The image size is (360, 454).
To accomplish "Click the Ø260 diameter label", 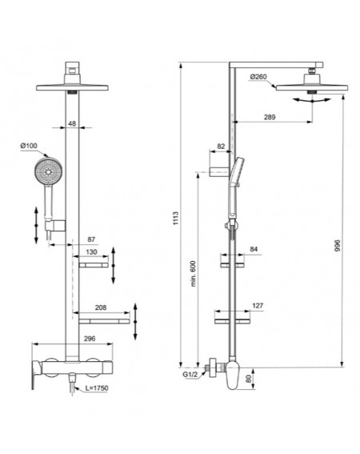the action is click(258, 77).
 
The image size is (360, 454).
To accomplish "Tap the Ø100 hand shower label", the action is click(29, 146).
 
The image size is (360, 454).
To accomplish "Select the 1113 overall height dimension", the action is click(175, 219).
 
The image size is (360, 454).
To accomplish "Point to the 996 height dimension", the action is click(338, 245).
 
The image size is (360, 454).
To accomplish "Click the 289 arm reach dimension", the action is click(270, 117).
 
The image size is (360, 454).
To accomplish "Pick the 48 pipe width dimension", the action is click(72, 123).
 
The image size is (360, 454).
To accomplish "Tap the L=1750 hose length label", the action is click(97, 388).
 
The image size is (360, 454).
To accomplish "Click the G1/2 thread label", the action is click(190, 375).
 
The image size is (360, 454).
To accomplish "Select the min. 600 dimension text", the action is click(194, 274).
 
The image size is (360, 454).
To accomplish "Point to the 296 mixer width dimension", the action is click(89, 339).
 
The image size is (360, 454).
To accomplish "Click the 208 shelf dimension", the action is click(101, 307).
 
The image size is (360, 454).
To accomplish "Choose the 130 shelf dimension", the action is click(91, 252).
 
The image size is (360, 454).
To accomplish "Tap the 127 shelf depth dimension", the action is click(258, 306).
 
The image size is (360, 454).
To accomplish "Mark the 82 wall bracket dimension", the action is click(221, 147).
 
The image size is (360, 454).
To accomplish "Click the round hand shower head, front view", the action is click(47, 171).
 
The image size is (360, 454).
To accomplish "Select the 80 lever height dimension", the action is click(249, 379).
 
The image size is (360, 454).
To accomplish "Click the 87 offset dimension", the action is click(91, 239).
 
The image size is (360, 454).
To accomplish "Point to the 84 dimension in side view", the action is click(254, 249).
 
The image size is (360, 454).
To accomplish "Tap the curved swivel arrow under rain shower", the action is click(312, 101).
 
